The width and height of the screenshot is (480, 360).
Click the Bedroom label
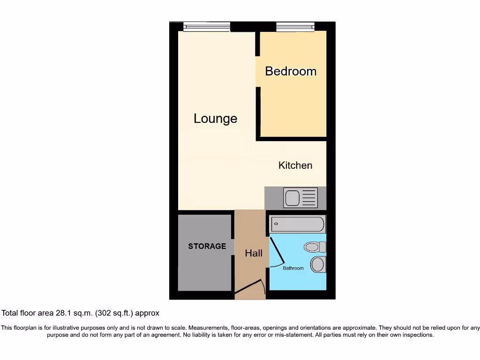pyautogui.click(x=291, y=71)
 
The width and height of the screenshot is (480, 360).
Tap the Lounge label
pyautogui.click(x=215, y=119)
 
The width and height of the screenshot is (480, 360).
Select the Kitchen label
pyautogui.click(x=295, y=165)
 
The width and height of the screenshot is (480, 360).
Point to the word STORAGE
pyautogui.click(x=207, y=246)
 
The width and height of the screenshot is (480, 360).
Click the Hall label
pyautogui.click(x=254, y=253)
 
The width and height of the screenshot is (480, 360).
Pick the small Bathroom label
pyautogui.click(x=293, y=268)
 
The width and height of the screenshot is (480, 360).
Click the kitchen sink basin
pyautogui.click(x=292, y=198)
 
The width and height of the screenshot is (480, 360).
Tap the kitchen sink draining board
pyautogui.click(x=309, y=198)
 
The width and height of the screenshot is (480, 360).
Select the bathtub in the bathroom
pyautogui.click(x=297, y=224)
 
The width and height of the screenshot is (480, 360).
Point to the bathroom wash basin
pyautogui.click(x=318, y=264)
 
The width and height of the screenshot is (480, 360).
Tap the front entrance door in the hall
pyautogui.click(x=249, y=289)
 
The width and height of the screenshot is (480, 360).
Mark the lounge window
pyautogui.click(x=206, y=27)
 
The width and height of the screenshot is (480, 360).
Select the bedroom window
pyautogui.click(x=295, y=27)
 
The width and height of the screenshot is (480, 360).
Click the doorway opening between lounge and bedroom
pyautogui.click(x=257, y=71)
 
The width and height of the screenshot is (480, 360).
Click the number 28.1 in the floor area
pyautogui.click(x=64, y=313)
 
